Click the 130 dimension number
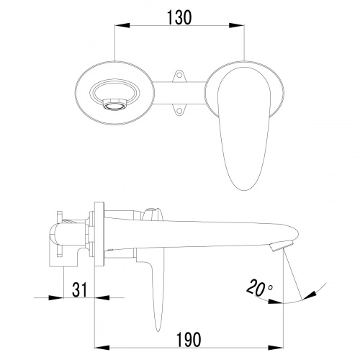click(x=179, y=17)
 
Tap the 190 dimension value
click(x=189, y=340)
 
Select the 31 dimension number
click(x=79, y=289)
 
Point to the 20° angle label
click(x=259, y=287)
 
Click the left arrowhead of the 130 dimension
click(x=122, y=25)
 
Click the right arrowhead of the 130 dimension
click(x=237, y=25)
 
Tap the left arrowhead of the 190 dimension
click(x=102, y=348)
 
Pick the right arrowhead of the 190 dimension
click(x=276, y=348)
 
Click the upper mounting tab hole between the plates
click(x=179, y=75)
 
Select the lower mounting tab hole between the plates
click(x=179, y=111)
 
